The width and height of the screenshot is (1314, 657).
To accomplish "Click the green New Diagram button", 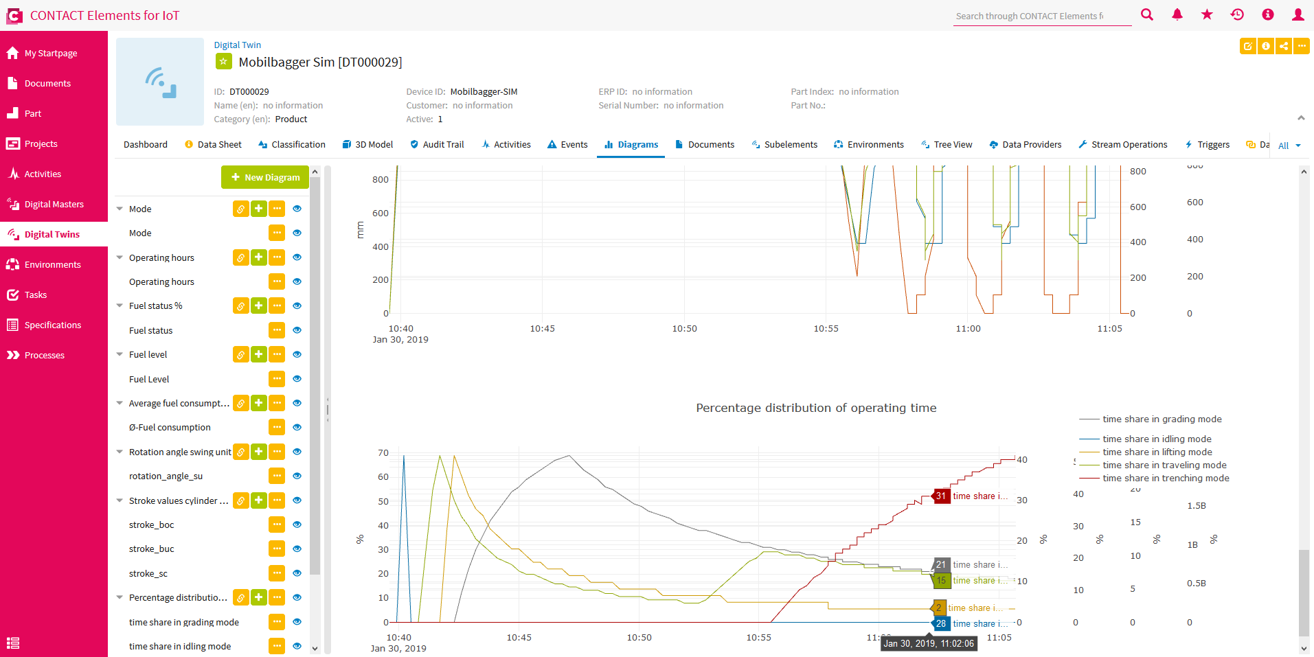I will [x=265, y=177].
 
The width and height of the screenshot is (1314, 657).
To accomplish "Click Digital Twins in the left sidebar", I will [x=52, y=234].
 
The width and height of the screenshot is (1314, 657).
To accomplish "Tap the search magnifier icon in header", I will [x=1146, y=14].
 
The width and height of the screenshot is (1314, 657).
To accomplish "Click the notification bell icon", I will [x=1177, y=14].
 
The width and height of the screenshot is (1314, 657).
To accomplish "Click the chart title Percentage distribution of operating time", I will [x=816, y=408].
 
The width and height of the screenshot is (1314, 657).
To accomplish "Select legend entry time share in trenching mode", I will [x=1165, y=478].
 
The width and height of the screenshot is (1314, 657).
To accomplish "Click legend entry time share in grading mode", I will [x=1162, y=419].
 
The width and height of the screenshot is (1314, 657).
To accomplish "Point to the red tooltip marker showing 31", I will [x=940, y=496].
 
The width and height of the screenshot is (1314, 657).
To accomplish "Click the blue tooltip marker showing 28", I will [x=940, y=623].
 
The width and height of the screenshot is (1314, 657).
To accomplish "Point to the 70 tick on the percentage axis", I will [x=383, y=453].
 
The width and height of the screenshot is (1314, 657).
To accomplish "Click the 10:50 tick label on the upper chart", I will [x=684, y=329].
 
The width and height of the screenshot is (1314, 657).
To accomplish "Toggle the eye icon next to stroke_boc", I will [x=297, y=525].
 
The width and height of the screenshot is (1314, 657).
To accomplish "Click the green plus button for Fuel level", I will [x=258, y=354].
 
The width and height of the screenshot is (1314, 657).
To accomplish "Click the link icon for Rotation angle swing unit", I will [x=240, y=452].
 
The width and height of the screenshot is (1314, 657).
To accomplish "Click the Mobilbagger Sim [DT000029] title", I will [x=320, y=62].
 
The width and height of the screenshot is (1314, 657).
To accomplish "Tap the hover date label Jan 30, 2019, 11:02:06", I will [x=928, y=643].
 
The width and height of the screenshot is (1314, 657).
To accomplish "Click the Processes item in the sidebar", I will [x=44, y=355].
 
